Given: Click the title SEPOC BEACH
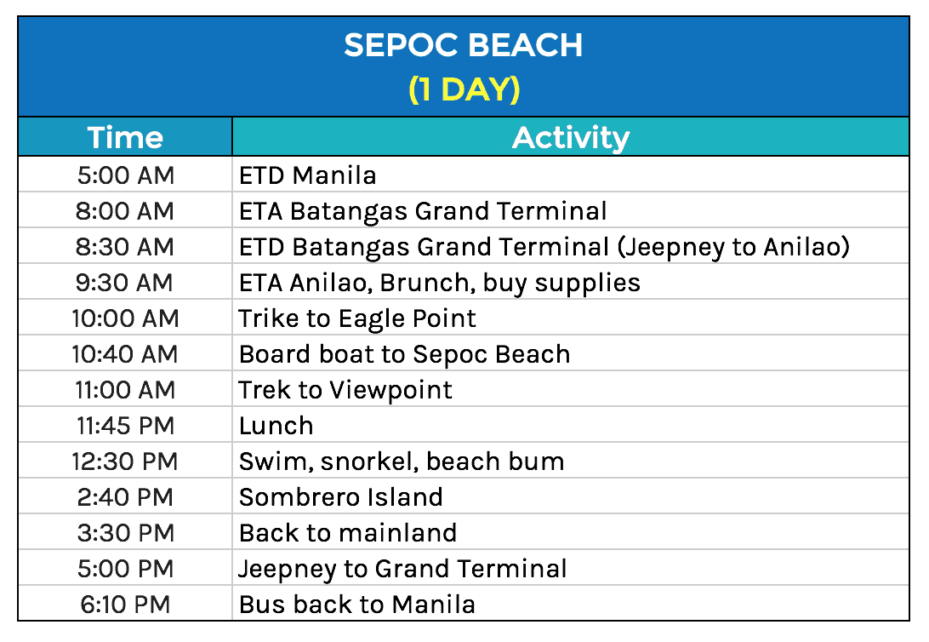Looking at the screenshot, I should point(464,45).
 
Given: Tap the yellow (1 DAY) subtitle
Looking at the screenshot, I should point(464,89).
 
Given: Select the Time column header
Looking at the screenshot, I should point(125,137).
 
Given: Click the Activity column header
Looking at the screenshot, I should point(570,137).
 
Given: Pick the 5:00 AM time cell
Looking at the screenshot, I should point(125,175).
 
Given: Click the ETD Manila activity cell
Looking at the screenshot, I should point(308,175).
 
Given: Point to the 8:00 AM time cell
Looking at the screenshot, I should point(125,211).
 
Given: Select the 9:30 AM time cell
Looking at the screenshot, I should point(125,283).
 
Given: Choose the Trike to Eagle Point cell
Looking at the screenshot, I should point(357,318).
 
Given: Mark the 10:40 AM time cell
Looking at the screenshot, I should point(125,354).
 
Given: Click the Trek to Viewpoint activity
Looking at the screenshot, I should point(345,390).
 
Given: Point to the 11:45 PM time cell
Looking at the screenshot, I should point(125,426).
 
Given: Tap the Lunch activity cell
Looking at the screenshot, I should point(276,426).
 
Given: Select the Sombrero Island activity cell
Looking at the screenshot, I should point(340,497).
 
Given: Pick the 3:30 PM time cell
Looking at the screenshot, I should point(125,533).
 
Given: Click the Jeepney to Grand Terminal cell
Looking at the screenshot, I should point(402,569).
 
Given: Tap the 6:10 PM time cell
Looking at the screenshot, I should point(125,605).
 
